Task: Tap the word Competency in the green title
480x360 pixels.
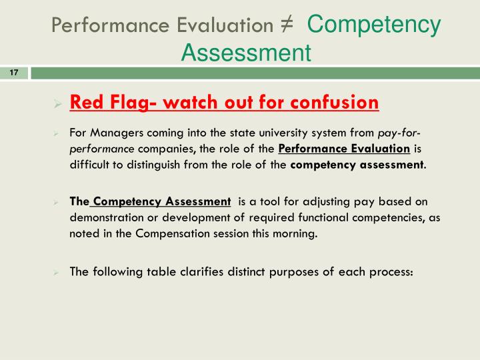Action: pos(374,25)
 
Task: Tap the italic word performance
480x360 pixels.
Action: pos(101,148)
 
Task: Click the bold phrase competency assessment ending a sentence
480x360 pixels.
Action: pos(357,164)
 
